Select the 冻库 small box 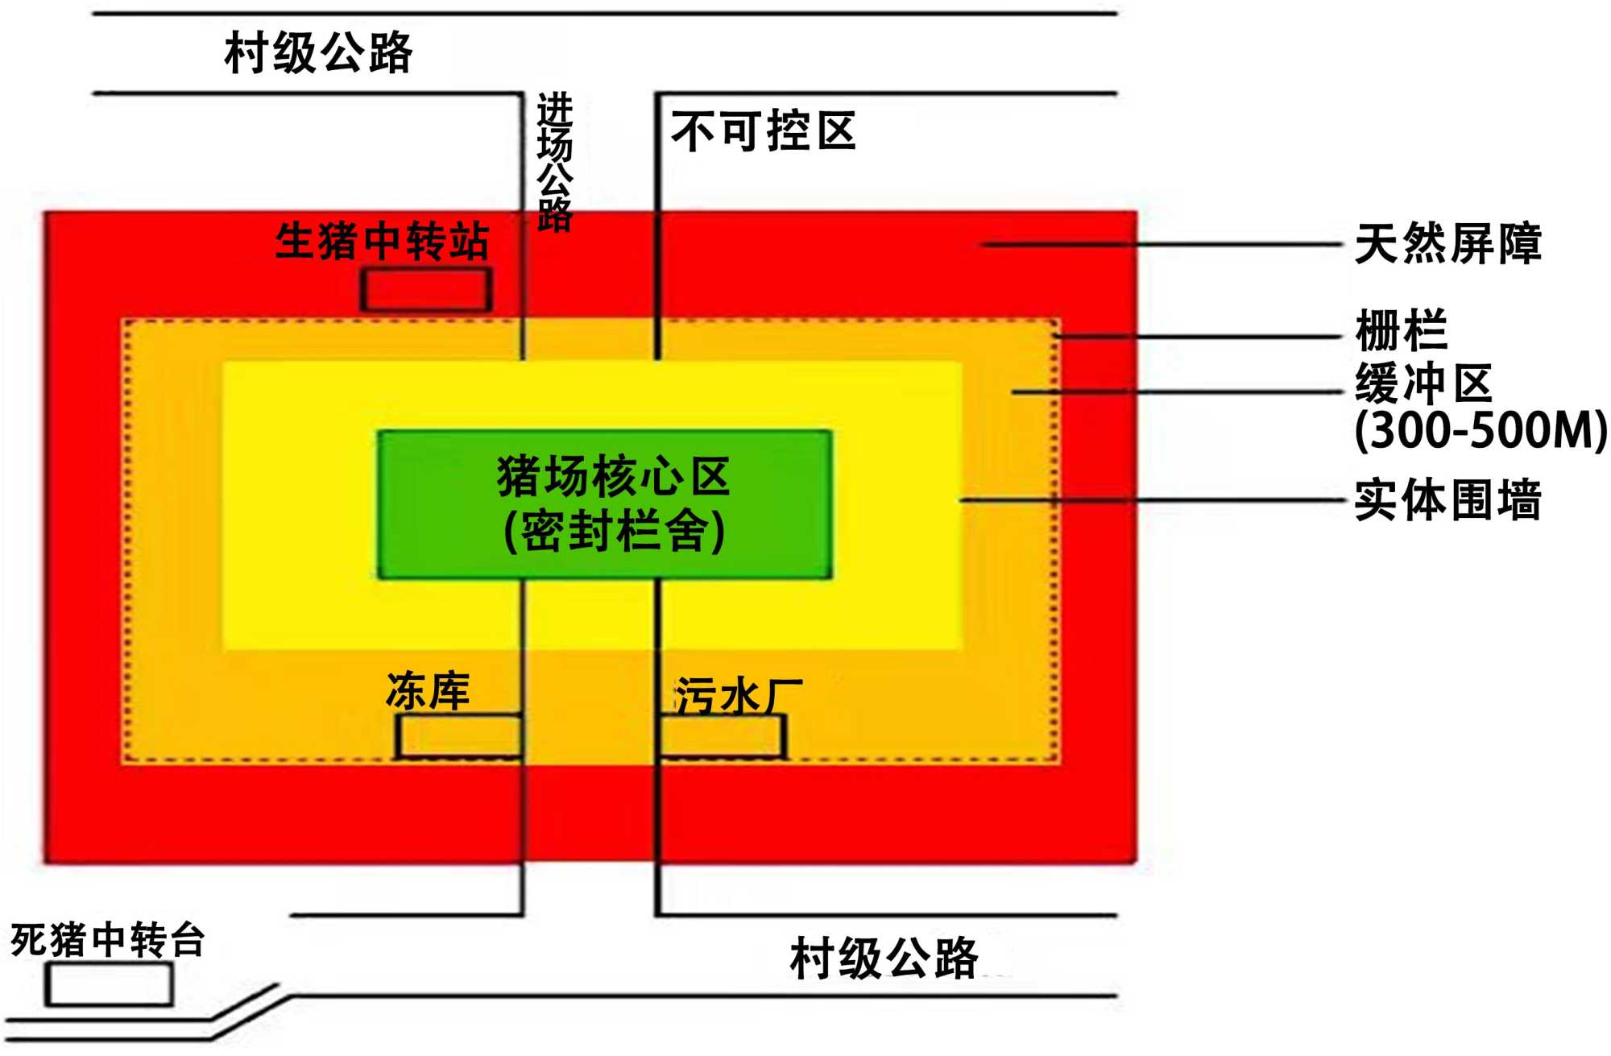(458, 736)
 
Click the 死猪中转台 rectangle (109, 984)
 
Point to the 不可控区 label (763, 131)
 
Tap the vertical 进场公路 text (554, 161)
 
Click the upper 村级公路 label (318, 53)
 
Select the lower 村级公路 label (884, 958)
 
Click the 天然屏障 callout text (1447, 243)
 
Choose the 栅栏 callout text (1402, 330)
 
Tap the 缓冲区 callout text (1423, 383)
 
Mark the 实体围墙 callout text (1447, 499)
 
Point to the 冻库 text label (428, 691)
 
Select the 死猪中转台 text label (107, 939)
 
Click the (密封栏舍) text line (614, 532)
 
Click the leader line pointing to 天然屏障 (1160, 243)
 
